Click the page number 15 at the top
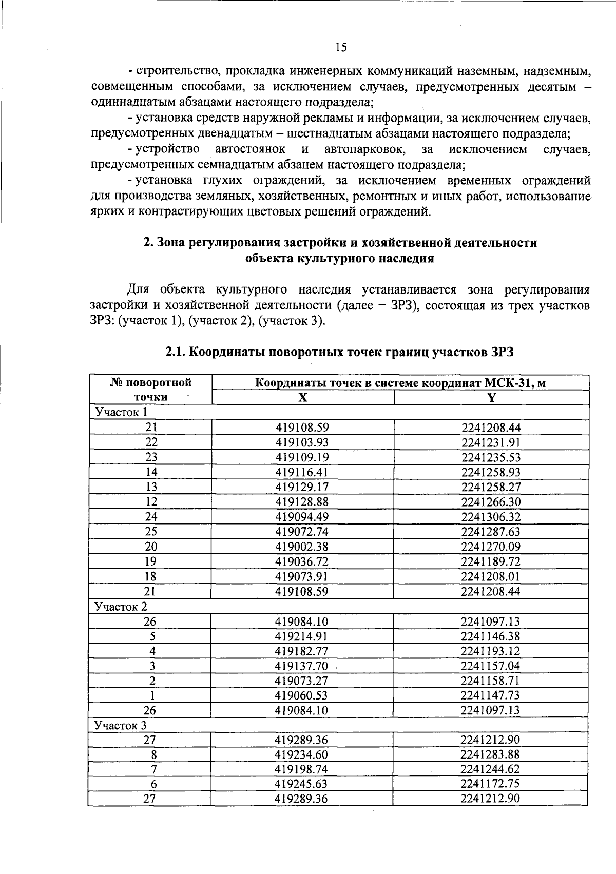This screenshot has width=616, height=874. (x=341, y=48)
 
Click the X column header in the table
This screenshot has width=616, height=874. (x=303, y=397)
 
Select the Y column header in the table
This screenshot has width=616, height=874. (x=491, y=397)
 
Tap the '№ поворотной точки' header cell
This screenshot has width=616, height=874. (x=151, y=390)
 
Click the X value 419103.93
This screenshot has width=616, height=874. (x=302, y=442)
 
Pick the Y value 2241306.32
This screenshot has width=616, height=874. (x=491, y=517)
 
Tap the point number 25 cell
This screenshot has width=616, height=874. (x=151, y=532)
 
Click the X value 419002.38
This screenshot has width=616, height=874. (x=302, y=547)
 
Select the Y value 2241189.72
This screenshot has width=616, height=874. (x=491, y=561)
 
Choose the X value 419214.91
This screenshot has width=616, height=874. (x=302, y=636)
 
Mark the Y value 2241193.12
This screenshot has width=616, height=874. (x=490, y=651)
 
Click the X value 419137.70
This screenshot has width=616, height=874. (x=302, y=666)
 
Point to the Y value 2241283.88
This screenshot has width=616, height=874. (x=490, y=755)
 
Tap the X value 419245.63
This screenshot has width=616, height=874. (x=302, y=784)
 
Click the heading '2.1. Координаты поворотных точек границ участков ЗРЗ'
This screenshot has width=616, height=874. (x=339, y=352)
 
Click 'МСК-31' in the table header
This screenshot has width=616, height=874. (x=506, y=383)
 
